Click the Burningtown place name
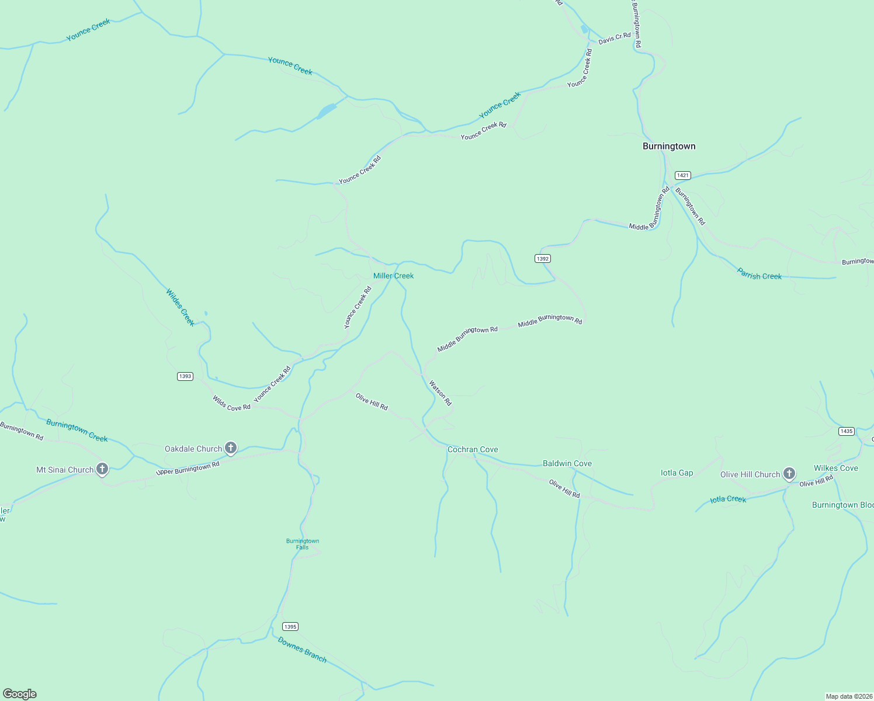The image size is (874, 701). pos(669,146)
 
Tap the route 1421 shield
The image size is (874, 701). pos(682,175)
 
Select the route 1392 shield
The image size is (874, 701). pos(543,258)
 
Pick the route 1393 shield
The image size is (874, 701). pos(185,376)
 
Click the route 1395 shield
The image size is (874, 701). pos(290,626)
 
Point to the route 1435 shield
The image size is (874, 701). pos(847,431)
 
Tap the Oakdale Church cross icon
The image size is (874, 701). pos(231,448)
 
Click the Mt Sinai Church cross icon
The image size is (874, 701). pos(102,469)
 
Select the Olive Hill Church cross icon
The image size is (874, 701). pos(789,474)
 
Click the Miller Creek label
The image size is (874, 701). pos(393,276)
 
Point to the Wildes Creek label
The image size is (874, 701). pos(180,307)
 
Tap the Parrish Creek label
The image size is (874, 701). pos(759,274)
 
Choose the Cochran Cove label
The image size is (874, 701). pos(473,449)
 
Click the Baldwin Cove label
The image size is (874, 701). pos(567,463)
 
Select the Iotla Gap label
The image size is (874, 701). pos(677,473)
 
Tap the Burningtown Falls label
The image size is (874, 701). pos(303,544)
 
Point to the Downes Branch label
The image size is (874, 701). pos(302,649)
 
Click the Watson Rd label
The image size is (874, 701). pos(441,393)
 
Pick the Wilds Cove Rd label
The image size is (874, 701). pos(231,403)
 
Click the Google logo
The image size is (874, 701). pos(20,694)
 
